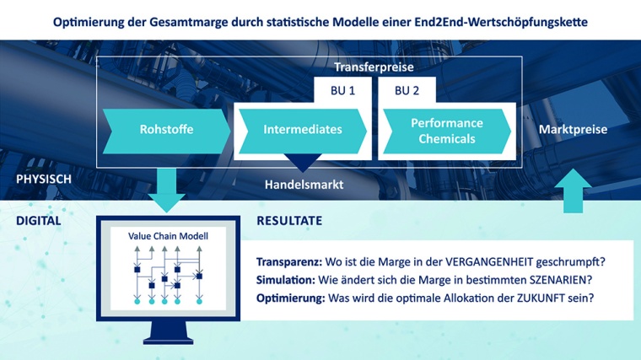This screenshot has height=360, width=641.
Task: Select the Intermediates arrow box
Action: [x=302, y=130]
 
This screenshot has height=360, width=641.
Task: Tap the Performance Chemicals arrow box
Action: [x=447, y=130]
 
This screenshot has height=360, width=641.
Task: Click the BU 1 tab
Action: [x=339, y=89]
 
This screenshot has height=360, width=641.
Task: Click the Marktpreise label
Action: [x=573, y=130]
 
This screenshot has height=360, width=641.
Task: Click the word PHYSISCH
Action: [x=44, y=180]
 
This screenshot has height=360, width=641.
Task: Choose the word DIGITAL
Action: [x=39, y=221]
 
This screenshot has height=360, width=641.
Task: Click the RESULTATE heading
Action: [x=289, y=221]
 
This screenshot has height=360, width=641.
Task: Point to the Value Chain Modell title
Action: [x=168, y=236]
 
